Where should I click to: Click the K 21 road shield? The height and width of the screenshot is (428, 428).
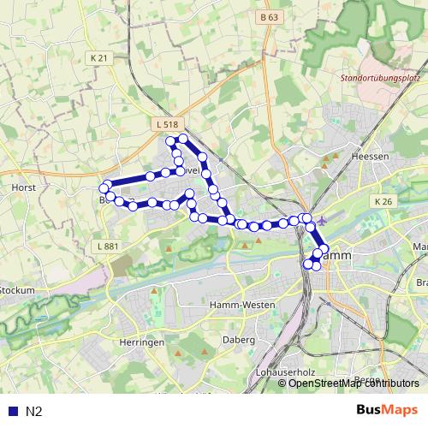click(x=99, y=57)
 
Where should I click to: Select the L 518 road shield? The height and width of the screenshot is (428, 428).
click(x=168, y=125)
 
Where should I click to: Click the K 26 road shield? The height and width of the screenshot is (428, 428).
click(x=382, y=201)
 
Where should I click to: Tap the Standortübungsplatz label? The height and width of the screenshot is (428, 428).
click(x=379, y=79)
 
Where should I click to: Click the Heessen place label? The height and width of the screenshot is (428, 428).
click(x=372, y=157)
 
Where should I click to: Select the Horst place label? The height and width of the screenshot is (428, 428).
click(x=22, y=186)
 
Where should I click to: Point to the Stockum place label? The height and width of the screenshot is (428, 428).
click(x=17, y=290)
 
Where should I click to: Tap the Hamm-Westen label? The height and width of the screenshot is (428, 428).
click(x=241, y=305)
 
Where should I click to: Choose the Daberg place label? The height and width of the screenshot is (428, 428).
click(x=241, y=340)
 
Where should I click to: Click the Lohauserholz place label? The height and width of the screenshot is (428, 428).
click(x=287, y=374)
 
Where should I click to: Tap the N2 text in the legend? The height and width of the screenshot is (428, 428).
click(x=33, y=412)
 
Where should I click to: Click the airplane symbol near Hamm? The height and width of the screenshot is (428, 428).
click(x=322, y=220)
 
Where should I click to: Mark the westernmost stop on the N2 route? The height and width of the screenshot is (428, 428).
click(x=104, y=188)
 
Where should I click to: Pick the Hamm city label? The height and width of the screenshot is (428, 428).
click(x=336, y=256)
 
